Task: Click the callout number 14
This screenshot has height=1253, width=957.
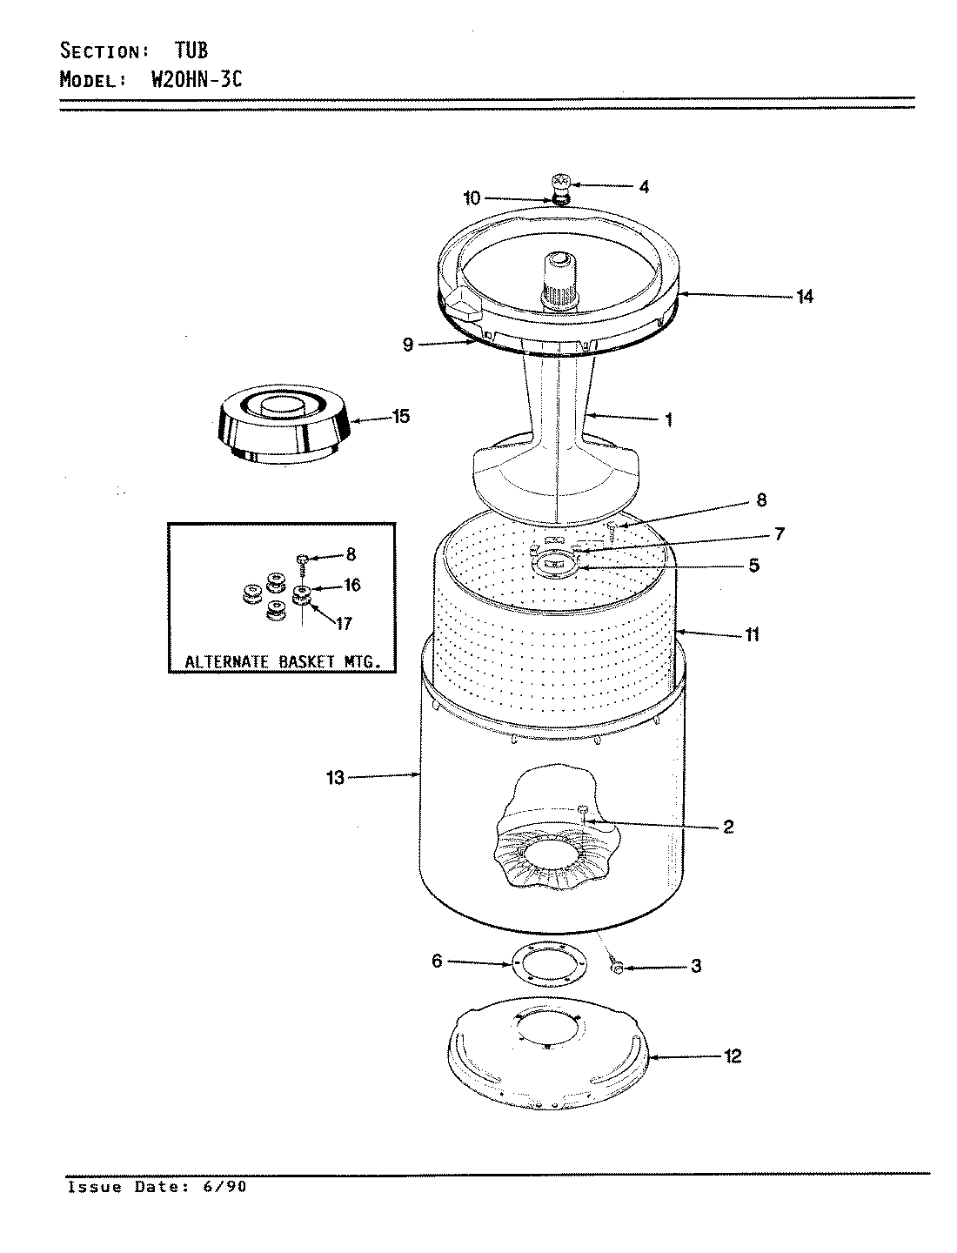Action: (x=805, y=297)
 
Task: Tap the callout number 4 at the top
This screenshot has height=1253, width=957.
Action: (x=643, y=186)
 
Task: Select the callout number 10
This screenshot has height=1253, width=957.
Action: (x=472, y=198)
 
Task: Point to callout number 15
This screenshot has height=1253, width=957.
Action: (x=400, y=417)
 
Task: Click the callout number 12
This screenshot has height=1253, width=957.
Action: (x=733, y=1056)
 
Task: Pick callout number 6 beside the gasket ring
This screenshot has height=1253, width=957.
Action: (x=437, y=961)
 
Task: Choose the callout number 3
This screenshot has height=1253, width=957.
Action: (x=695, y=966)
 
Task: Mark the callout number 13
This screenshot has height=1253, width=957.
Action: (x=336, y=778)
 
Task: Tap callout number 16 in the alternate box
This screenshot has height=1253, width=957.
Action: (x=351, y=586)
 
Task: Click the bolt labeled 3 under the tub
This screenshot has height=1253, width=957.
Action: (x=617, y=968)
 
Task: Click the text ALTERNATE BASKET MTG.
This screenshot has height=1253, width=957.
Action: (x=282, y=662)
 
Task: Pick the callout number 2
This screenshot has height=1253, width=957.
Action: (x=727, y=827)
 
